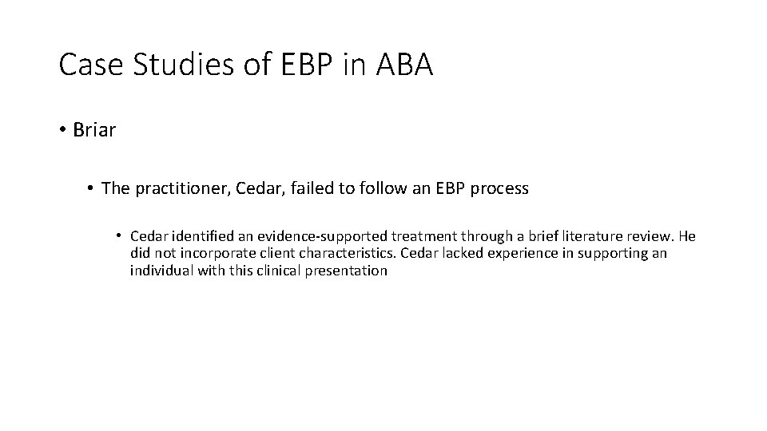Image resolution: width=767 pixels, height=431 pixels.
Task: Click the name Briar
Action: [x=94, y=130]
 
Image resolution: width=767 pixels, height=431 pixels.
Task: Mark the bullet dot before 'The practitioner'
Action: [x=92, y=188]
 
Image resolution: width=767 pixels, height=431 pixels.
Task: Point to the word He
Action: [x=686, y=236]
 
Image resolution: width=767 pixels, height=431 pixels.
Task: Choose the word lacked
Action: [x=457, y=253]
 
